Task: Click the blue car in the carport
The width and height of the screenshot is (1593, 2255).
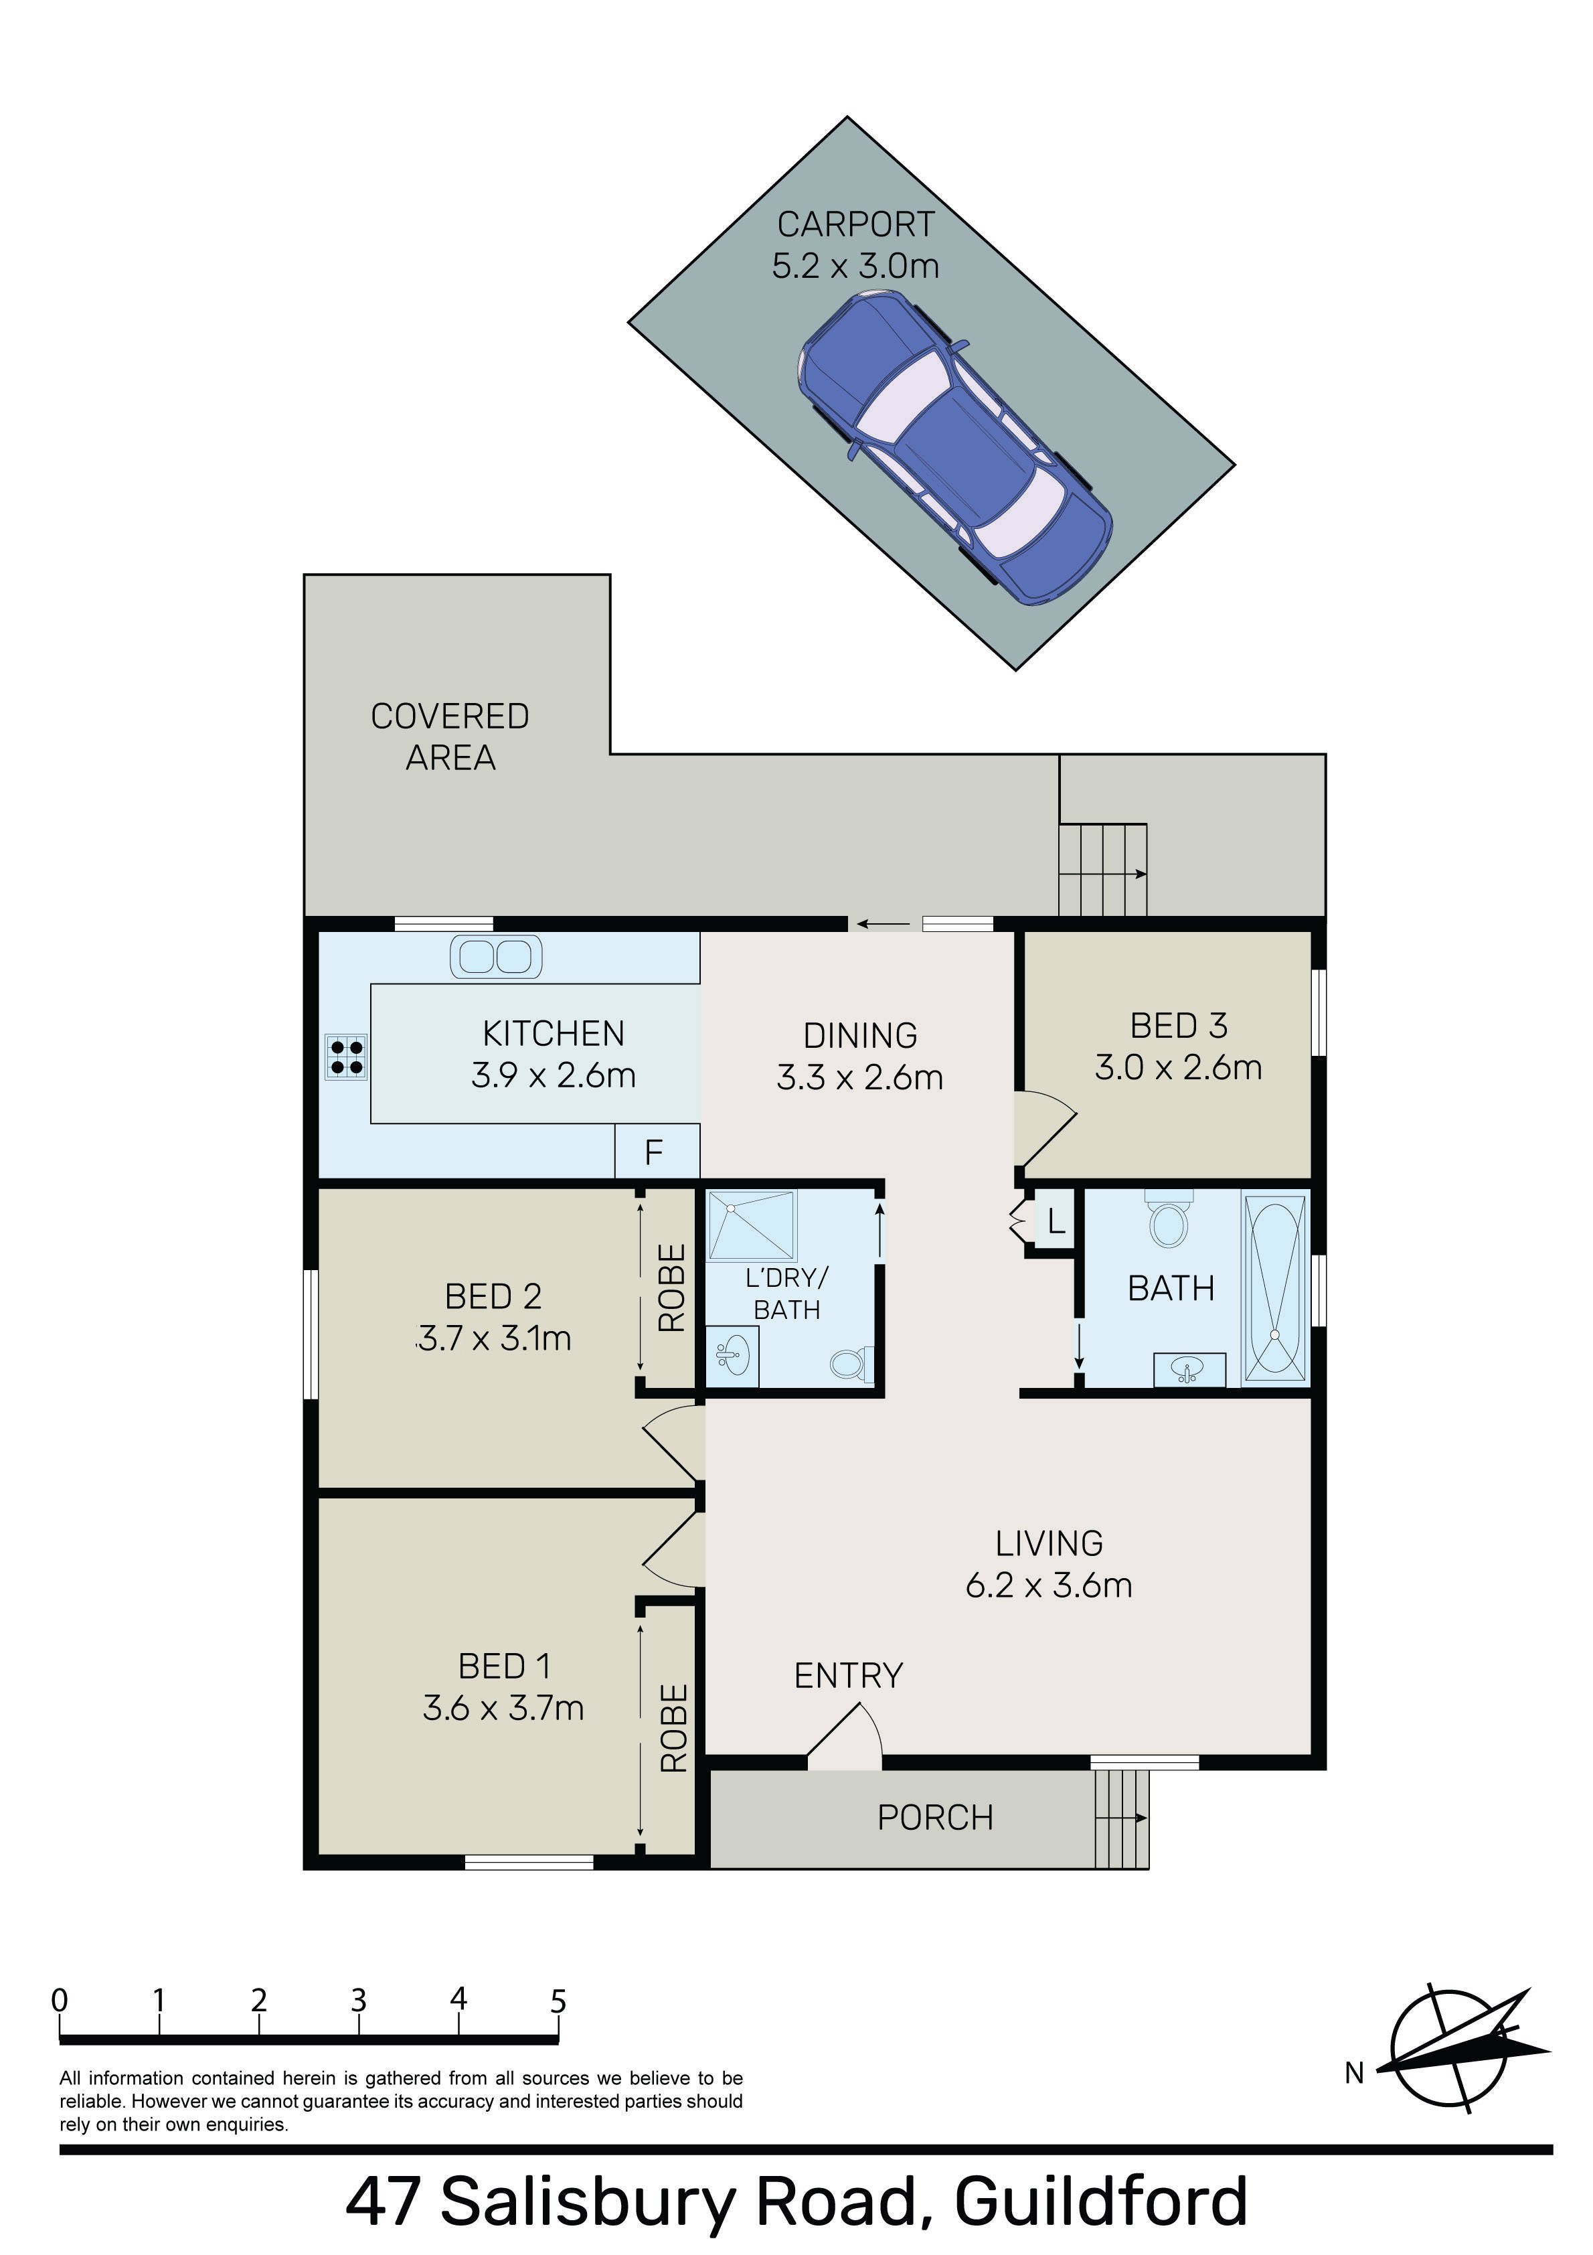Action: (954, 448)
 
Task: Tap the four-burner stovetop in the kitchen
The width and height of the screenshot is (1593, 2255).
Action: (345, 1057)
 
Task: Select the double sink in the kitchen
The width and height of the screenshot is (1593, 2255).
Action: (496, 957)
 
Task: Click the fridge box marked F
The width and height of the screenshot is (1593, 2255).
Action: (656, 1151)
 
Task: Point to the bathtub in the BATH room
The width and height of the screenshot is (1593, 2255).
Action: (1275, 1288)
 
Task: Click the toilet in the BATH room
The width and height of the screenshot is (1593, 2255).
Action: (1169, 1218)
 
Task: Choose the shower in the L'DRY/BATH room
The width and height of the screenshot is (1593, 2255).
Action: (752, 1225)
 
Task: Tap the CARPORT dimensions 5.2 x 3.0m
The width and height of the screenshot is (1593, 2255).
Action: (855, 266)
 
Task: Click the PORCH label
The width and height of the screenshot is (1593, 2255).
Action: (935, 1818)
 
